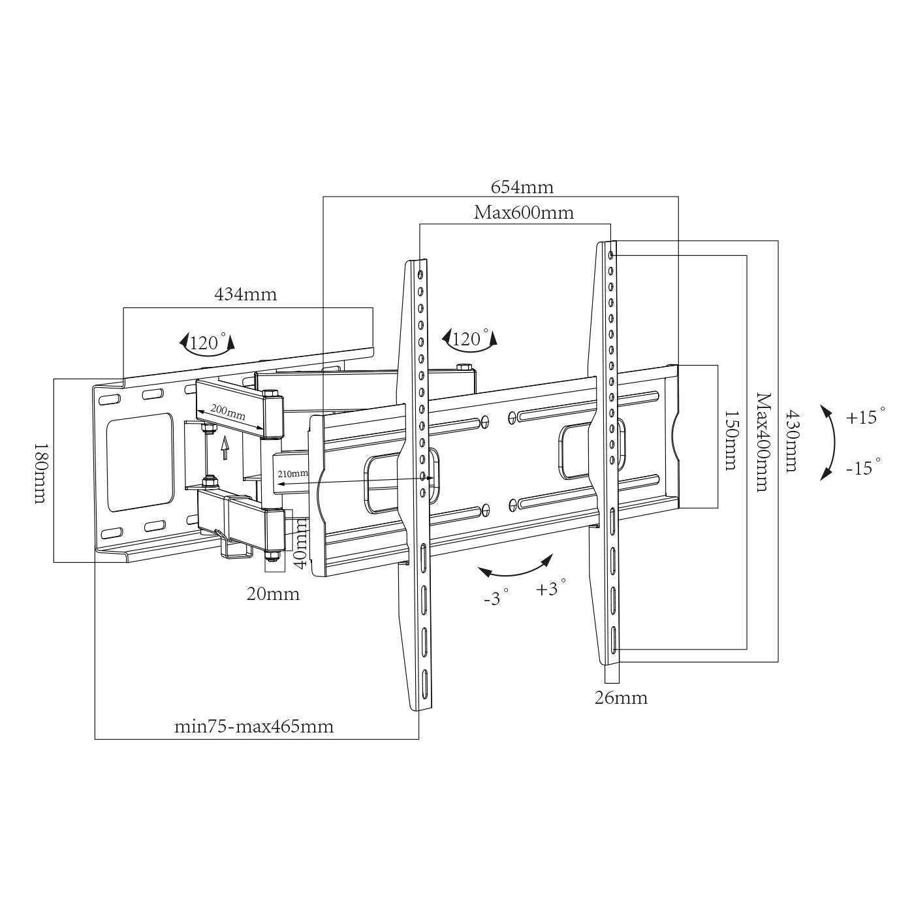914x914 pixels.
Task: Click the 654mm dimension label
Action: [522, 187]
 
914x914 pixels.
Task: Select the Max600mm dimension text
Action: [524, 213]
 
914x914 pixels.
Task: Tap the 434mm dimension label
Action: [245, 294]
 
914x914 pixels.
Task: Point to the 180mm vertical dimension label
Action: [40, 473]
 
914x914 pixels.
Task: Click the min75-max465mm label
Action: [253, 727]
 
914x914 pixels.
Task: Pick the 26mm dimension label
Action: [621, 698]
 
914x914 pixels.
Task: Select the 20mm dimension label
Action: [273, 594]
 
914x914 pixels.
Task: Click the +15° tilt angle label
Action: [866, 417]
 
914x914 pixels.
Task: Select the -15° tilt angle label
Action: [863, 467]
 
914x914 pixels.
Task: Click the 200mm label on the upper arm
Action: [228, 413]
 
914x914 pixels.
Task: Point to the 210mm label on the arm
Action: [292, 473]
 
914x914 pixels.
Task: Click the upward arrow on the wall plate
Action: [225, 448]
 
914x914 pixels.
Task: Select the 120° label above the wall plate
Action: [208, 343]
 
